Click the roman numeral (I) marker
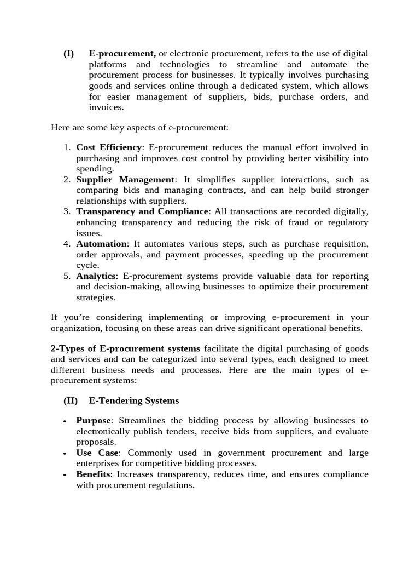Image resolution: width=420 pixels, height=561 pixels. point(68,54)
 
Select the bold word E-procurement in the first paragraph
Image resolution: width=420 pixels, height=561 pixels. point(122,54)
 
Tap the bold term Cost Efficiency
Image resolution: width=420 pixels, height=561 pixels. point(109,147)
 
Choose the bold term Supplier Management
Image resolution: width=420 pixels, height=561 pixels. point(125,180)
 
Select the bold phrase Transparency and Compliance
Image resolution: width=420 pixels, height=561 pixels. point(142,211)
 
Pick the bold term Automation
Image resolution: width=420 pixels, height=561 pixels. point(101,244)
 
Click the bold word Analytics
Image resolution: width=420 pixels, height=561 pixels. point(96,276)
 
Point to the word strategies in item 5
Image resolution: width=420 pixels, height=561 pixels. point(95,297)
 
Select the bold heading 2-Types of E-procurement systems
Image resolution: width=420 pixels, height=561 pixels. point(125,349)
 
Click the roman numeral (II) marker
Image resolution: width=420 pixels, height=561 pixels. point(71,400)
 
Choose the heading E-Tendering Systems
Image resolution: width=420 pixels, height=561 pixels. point(133,400)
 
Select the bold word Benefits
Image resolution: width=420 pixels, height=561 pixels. point(93,474)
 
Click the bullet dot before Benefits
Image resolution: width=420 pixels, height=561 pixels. point(65,475)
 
